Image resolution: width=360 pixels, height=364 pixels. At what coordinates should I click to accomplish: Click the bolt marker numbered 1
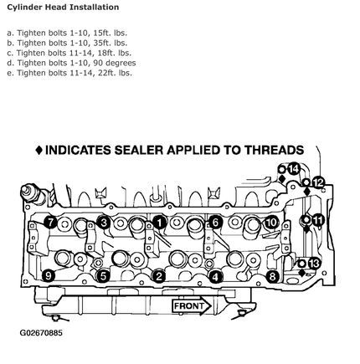point(160,223)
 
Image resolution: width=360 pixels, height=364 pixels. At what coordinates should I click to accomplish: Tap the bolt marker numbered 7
point(50,223)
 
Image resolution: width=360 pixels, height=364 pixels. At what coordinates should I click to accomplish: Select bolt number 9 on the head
point(49,276)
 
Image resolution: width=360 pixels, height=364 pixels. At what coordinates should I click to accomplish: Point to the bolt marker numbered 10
point(271,223)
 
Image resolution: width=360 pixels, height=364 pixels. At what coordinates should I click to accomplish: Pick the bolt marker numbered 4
point(215,277)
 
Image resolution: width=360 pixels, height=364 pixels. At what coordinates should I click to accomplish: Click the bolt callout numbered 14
point(293,169)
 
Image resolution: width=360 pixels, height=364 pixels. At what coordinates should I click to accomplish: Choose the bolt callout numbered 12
point(317,183)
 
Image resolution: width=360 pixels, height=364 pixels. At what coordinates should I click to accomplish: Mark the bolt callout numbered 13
point(314,264)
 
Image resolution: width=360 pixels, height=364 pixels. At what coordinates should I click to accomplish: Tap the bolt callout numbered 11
point(317,220)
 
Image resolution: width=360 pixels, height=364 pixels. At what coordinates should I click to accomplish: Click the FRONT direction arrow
point(192,306)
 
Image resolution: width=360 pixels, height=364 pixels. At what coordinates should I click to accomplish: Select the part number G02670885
point(41,333)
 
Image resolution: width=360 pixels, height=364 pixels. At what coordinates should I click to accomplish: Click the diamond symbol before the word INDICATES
point(39,151)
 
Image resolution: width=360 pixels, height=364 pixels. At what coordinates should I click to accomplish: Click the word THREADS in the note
point(275,150)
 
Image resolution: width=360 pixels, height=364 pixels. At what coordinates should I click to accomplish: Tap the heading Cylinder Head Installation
point(63,7)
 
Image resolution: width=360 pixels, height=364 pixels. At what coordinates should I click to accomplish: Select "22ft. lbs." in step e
point(115,73)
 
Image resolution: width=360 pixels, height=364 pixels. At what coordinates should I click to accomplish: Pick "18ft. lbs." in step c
point(115,53)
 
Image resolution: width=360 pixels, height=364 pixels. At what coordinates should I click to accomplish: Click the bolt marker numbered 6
point(215,223)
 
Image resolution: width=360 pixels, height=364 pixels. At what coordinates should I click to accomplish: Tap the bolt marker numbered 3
point(104,223)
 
